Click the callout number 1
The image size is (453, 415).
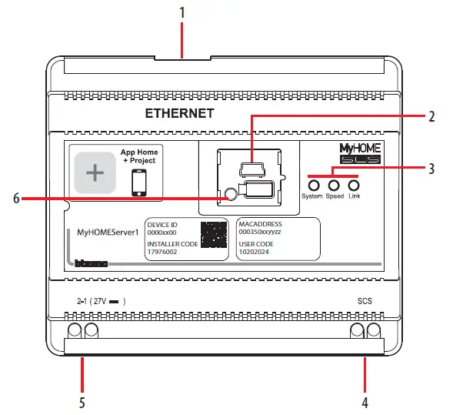[182, 14]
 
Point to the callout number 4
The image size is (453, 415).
[365, 402]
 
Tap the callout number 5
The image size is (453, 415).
[81, 402]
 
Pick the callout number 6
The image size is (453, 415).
[17, 198]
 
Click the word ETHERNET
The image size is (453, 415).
[179, 114]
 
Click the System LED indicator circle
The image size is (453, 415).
[314, 186]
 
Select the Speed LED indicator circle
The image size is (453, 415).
[334, 186]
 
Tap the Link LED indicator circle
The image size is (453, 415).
[354, 186]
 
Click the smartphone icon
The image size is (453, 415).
[138, 182]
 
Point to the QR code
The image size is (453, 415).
[213, 234]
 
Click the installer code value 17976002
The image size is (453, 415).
[162, 251]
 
